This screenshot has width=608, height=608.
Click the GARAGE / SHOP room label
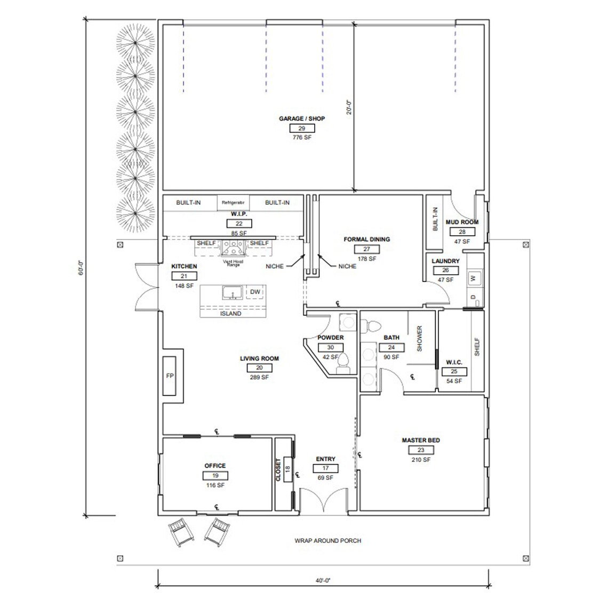point(301,118)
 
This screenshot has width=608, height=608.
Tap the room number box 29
point(301,128)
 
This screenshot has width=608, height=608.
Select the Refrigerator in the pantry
point(233,203)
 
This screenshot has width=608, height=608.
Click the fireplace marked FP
point(170,375)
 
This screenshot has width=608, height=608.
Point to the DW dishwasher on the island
point(255,292)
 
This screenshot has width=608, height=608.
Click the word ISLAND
point(230,314)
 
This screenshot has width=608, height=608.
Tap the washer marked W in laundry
point(473,278)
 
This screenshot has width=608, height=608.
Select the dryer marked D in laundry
point(473,297)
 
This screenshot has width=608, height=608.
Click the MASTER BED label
point(421,441)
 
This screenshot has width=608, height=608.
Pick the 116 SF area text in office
point(215,485)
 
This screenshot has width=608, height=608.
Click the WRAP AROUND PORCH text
point(327,540)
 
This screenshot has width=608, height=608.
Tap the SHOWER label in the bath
point(419,339)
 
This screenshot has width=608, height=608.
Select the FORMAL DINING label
point(366,239)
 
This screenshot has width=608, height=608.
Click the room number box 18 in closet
point(287,469)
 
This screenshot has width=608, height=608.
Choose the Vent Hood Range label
point(233,263)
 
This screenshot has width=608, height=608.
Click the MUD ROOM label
point(462,222)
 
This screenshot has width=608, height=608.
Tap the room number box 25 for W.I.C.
point(454,372)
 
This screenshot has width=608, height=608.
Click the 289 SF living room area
point(259,377)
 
